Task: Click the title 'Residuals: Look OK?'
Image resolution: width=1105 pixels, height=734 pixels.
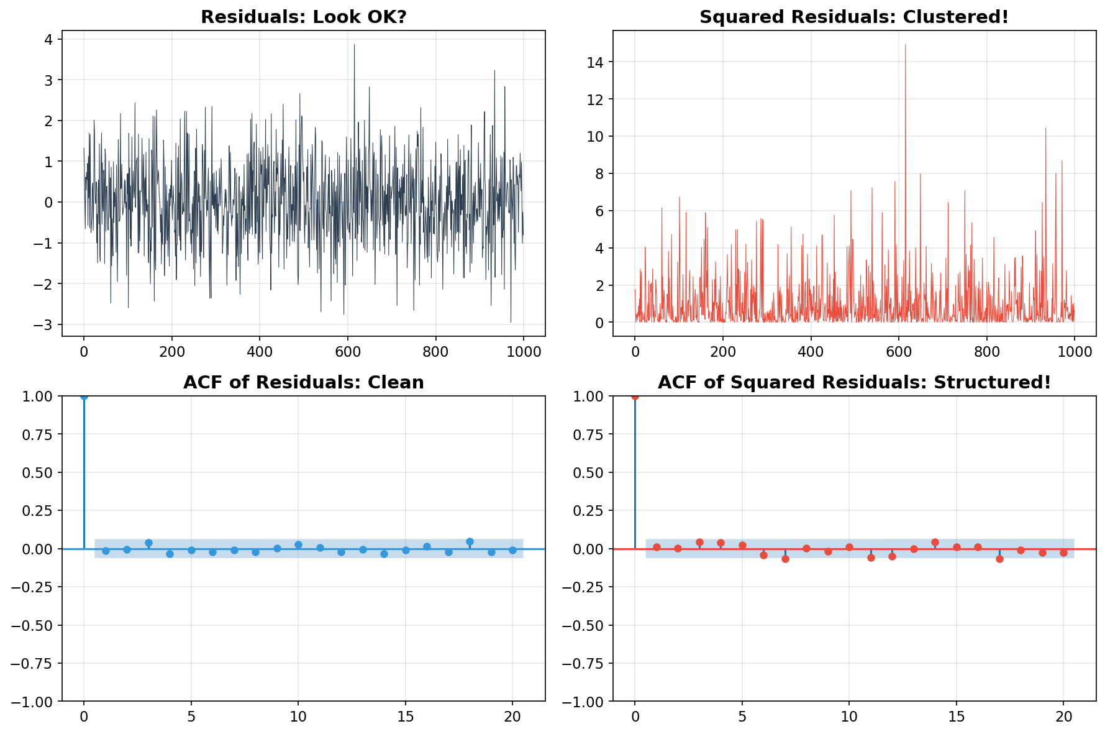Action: point(303,17)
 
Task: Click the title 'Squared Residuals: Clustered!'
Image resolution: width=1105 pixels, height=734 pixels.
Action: point(854,17)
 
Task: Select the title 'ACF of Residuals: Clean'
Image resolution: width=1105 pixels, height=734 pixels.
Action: point(303,383)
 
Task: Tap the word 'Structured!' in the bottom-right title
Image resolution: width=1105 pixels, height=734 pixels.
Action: point(1001,383)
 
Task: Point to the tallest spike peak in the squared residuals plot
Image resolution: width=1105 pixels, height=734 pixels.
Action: point(905,45)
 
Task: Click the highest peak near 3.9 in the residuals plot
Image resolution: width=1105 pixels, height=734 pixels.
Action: point(354,45)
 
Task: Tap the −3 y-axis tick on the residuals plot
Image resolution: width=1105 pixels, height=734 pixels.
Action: point(45,324)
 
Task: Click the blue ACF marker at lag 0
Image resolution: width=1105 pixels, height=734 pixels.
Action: point(84,397)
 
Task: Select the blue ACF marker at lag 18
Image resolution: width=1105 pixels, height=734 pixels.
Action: point(470,541)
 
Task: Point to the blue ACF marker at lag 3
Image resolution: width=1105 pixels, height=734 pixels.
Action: point(148,543)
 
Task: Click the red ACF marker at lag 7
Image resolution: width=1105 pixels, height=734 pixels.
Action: point(785,559)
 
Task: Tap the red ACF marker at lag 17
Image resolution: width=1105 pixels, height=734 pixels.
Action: point(999,559)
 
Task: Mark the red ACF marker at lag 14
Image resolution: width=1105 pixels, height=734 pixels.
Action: point(935,542)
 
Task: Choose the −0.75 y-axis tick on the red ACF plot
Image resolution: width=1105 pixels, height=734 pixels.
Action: point(585,663)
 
